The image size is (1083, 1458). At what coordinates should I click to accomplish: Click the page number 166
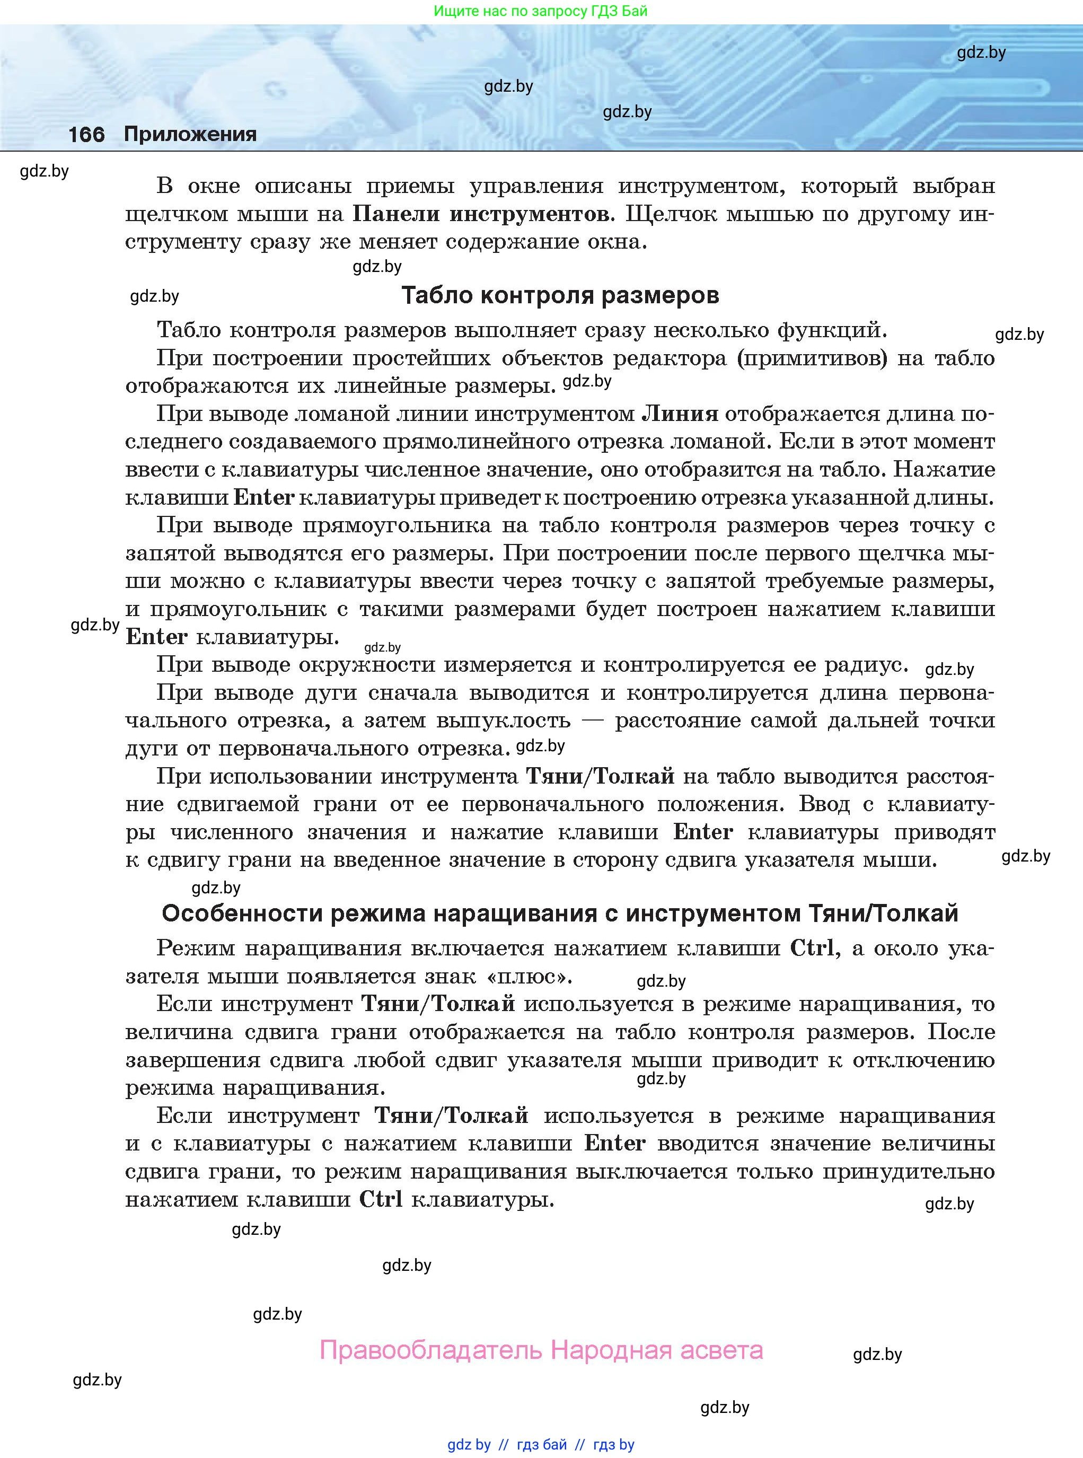tap(86, 134)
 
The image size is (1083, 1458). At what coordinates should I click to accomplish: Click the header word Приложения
tap(190, 134)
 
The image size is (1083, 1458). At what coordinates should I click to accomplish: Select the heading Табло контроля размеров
tap(560, 296)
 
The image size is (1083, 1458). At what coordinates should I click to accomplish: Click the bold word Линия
tap(679, 414)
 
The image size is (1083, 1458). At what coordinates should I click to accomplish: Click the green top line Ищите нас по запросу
tap(540, 11)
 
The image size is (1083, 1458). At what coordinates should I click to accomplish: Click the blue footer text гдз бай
tap(542, 1444)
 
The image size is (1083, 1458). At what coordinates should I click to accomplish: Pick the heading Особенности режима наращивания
tap(560, 913)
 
